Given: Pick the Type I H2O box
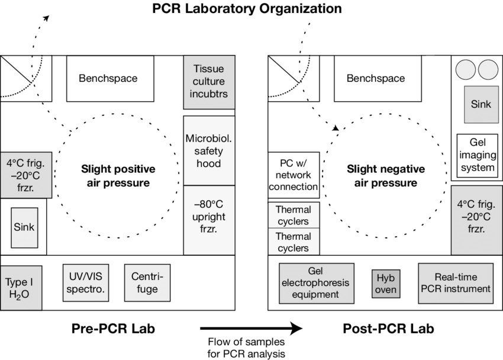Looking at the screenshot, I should [x=21, y=287].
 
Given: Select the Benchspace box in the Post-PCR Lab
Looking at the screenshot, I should [x=376, y=78].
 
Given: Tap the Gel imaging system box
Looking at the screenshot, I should [x=477, y=155].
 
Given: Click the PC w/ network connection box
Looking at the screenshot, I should [x=294, y=174].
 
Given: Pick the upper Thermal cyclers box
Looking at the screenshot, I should [x=294, y=216].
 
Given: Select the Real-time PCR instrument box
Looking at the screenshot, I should [x=456, y=283].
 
